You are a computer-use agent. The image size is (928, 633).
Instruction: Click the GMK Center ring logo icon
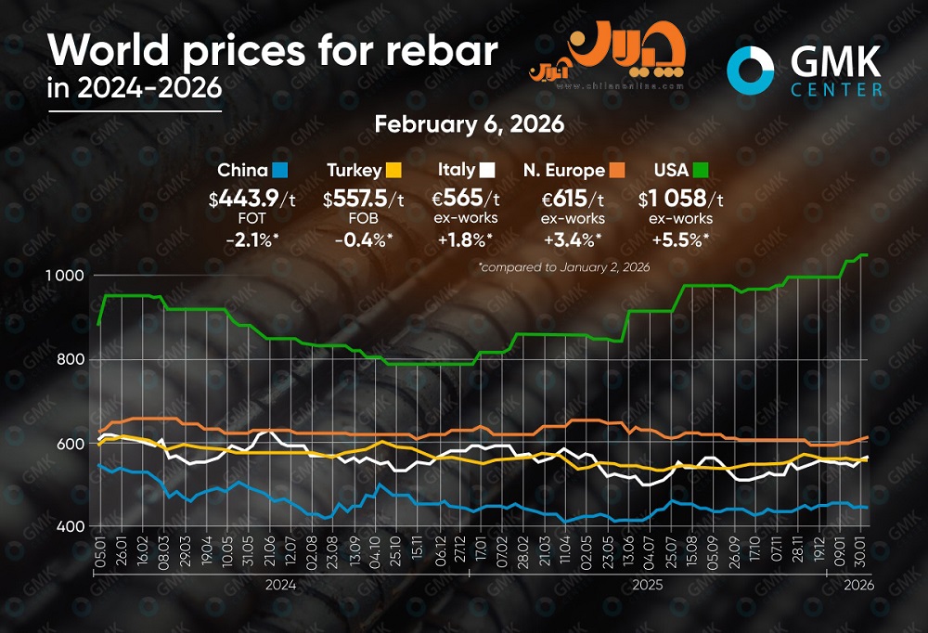pos(751,71)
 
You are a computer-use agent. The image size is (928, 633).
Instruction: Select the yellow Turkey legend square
pos(393,170)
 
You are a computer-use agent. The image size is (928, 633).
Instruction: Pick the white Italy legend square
pos(486,170)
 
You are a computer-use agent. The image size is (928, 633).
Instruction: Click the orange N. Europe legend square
pos(617,170)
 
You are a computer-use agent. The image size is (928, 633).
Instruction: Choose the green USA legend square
pos(701,170)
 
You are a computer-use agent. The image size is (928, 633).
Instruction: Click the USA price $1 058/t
pos(681,198)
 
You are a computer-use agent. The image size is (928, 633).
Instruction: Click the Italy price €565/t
pos(468,198)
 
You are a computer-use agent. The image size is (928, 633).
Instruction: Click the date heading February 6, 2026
pos(469,124)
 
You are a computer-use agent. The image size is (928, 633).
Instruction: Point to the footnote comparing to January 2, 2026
pos(563,267)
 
